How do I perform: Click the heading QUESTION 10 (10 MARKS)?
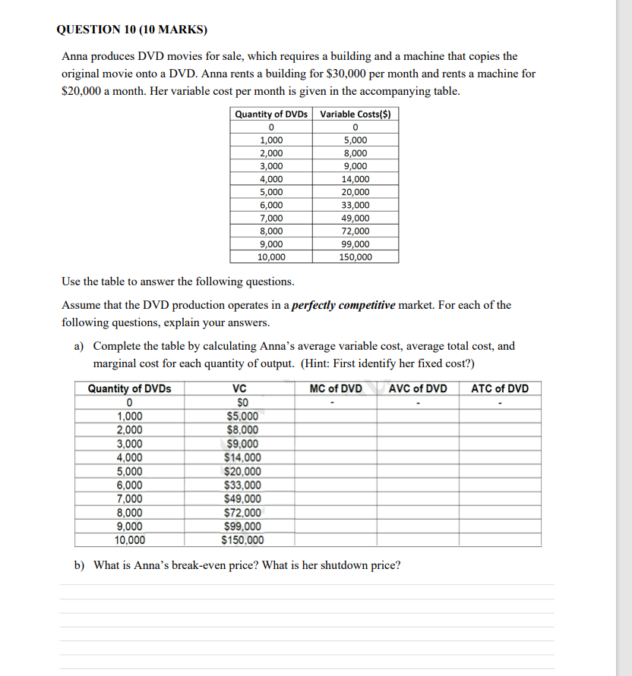[131, 30]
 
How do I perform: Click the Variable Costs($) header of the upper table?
[355, 115]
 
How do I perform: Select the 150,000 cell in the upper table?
[355, 256]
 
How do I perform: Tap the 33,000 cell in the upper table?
[355, 205]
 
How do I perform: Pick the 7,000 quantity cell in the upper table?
[271, 218]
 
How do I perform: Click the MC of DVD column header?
[336, 389]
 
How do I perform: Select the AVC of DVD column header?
[418, 389]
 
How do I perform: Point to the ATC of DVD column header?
[500, 389]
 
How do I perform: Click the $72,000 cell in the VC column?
[243, 513]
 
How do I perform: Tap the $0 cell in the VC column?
[243, 402]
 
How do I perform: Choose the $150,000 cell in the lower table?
[243, 540]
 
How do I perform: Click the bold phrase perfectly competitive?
[344, 305]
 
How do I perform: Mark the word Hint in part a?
[314, 362]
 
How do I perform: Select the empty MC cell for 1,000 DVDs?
[336, 416]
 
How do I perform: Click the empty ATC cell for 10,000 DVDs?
[500, 540]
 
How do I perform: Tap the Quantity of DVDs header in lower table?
[130, 389]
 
